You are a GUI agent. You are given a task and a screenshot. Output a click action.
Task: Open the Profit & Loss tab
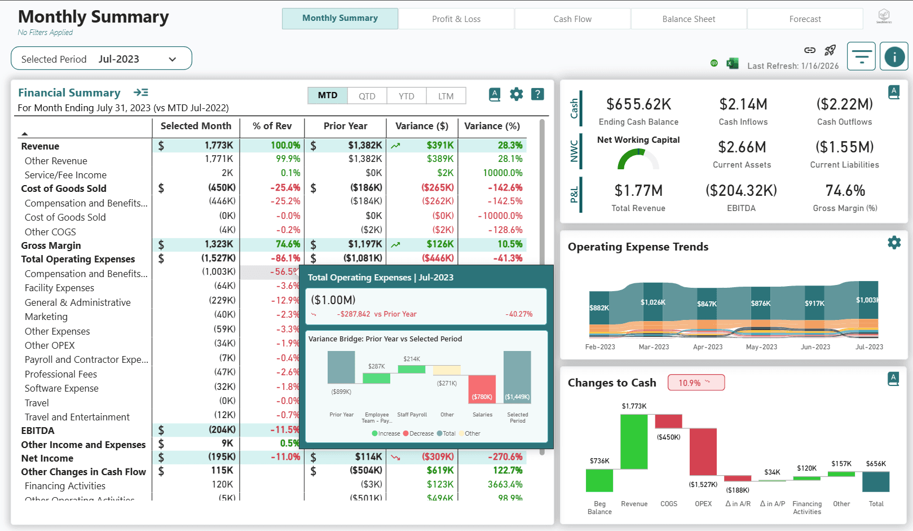coord(456,19)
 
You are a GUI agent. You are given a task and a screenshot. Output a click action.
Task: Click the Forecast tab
coord(805,19)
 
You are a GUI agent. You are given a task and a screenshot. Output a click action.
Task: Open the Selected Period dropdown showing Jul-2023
coord(102,59)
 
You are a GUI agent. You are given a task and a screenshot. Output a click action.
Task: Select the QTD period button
coord(367,96)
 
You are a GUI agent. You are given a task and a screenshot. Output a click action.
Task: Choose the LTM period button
coord(446,96)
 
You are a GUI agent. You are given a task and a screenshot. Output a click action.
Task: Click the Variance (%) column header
coord(492,126)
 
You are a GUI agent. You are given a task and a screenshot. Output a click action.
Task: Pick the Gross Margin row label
coord(51,245)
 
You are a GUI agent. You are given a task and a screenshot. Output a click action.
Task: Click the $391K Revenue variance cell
coord(440,146)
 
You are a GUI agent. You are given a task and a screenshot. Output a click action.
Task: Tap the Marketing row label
coord(46,317)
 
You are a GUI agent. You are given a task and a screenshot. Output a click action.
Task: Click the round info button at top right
coord(894,56)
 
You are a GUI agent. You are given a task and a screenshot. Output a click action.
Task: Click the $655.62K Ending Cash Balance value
coord(638,104)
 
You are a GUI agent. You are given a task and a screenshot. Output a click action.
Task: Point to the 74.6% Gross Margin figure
coord(845,191)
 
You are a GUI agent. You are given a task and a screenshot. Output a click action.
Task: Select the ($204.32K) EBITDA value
coord(741,191)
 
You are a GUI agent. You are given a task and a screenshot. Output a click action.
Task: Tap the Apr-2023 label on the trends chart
coord(707,347)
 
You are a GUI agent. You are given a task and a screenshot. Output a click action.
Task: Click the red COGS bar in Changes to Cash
coord(668,421)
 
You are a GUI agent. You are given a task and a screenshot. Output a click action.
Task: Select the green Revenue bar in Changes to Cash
coord(634,442)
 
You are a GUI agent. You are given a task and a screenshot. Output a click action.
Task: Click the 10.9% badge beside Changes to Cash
coord(696,383)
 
